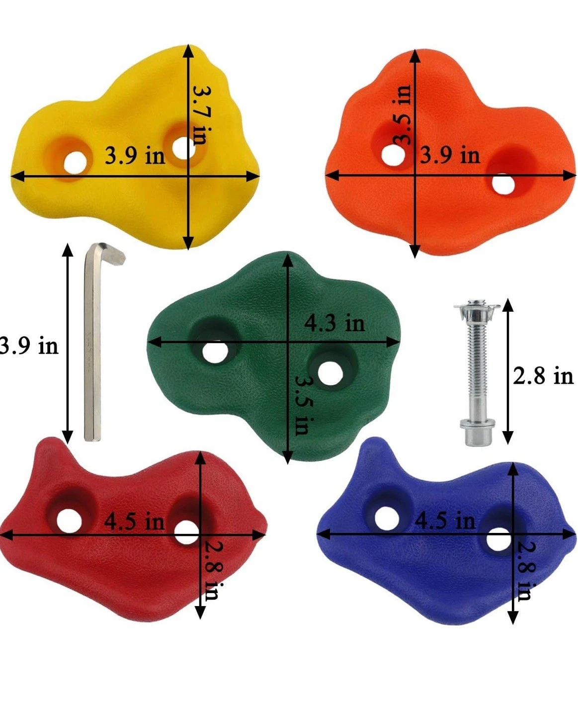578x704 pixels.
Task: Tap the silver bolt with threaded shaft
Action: click(x=477, y=372)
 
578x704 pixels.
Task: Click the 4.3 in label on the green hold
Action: click(x=334, y=324)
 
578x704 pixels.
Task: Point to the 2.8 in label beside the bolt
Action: click(x=543, y=375)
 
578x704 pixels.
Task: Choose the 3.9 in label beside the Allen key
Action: click(x=29, y=346)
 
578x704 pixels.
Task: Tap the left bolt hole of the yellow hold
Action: click(x=75, y=163)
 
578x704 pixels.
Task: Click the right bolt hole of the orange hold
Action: click(x=503, y=183)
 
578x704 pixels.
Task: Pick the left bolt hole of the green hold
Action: click(x=215, y=352)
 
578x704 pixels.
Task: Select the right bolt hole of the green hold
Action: click(x=330, y=372)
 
